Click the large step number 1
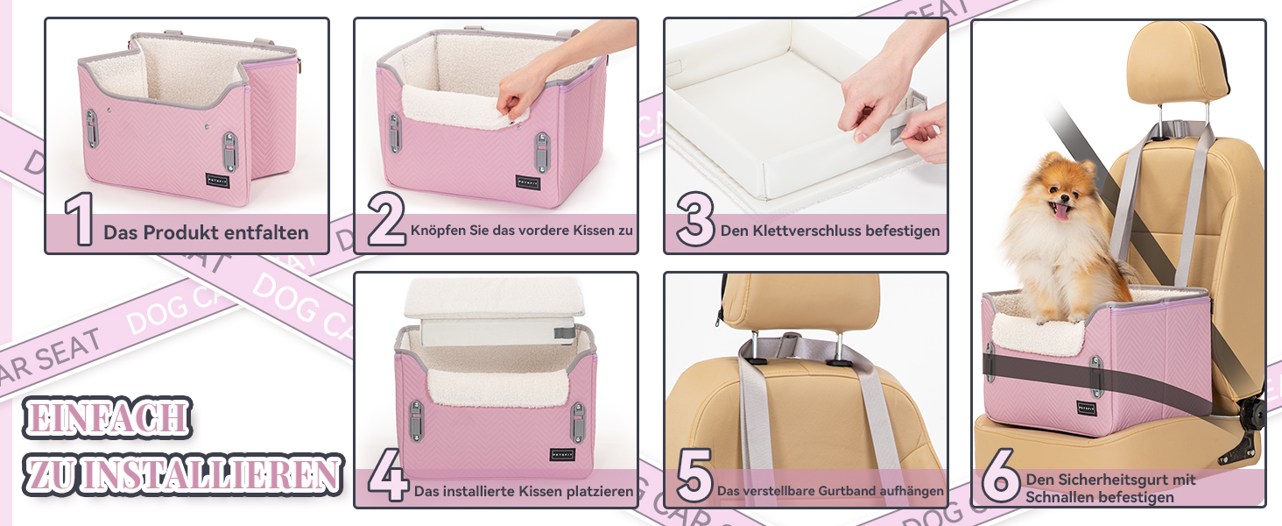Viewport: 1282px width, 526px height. click(81, 219)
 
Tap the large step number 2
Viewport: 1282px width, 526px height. click(386, 219)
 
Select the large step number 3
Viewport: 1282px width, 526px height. click(695, 219)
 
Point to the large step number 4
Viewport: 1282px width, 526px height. click(387, 474)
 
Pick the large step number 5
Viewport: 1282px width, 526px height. click(694, 475)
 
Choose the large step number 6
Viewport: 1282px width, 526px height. click(1000, 475)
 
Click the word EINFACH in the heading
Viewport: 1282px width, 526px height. click(107, 417)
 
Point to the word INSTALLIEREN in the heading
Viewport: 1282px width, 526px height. click(210, 474)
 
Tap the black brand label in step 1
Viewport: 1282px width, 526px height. click(217, 180)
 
